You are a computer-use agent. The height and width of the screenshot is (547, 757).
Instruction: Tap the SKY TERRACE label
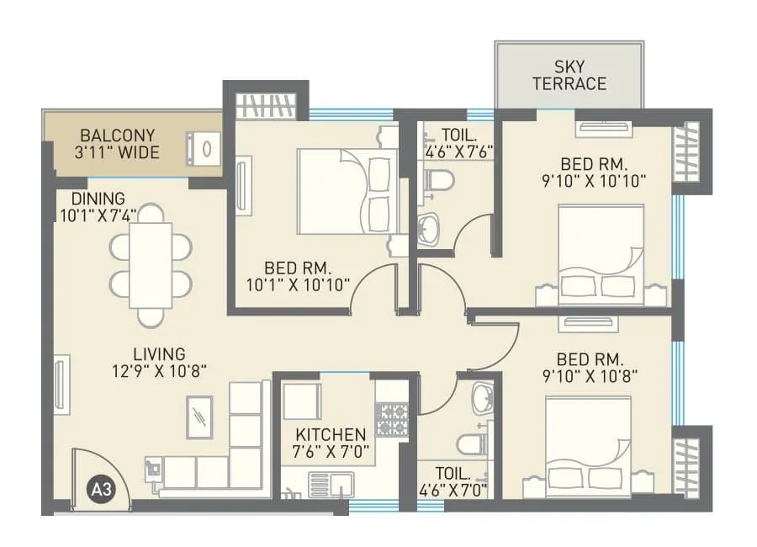point(569,75)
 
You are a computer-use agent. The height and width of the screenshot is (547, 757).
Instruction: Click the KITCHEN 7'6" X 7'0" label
point(330,443)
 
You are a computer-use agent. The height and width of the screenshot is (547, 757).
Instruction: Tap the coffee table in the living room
point(199,416)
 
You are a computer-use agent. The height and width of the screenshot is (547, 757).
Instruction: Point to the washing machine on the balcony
point(204,147)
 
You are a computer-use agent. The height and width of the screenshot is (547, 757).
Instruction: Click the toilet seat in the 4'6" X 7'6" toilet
point(438,179)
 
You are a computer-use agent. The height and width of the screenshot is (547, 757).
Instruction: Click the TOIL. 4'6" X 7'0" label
point(454,481)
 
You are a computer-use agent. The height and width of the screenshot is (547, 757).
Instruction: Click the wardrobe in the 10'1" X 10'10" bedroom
point(266,107)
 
